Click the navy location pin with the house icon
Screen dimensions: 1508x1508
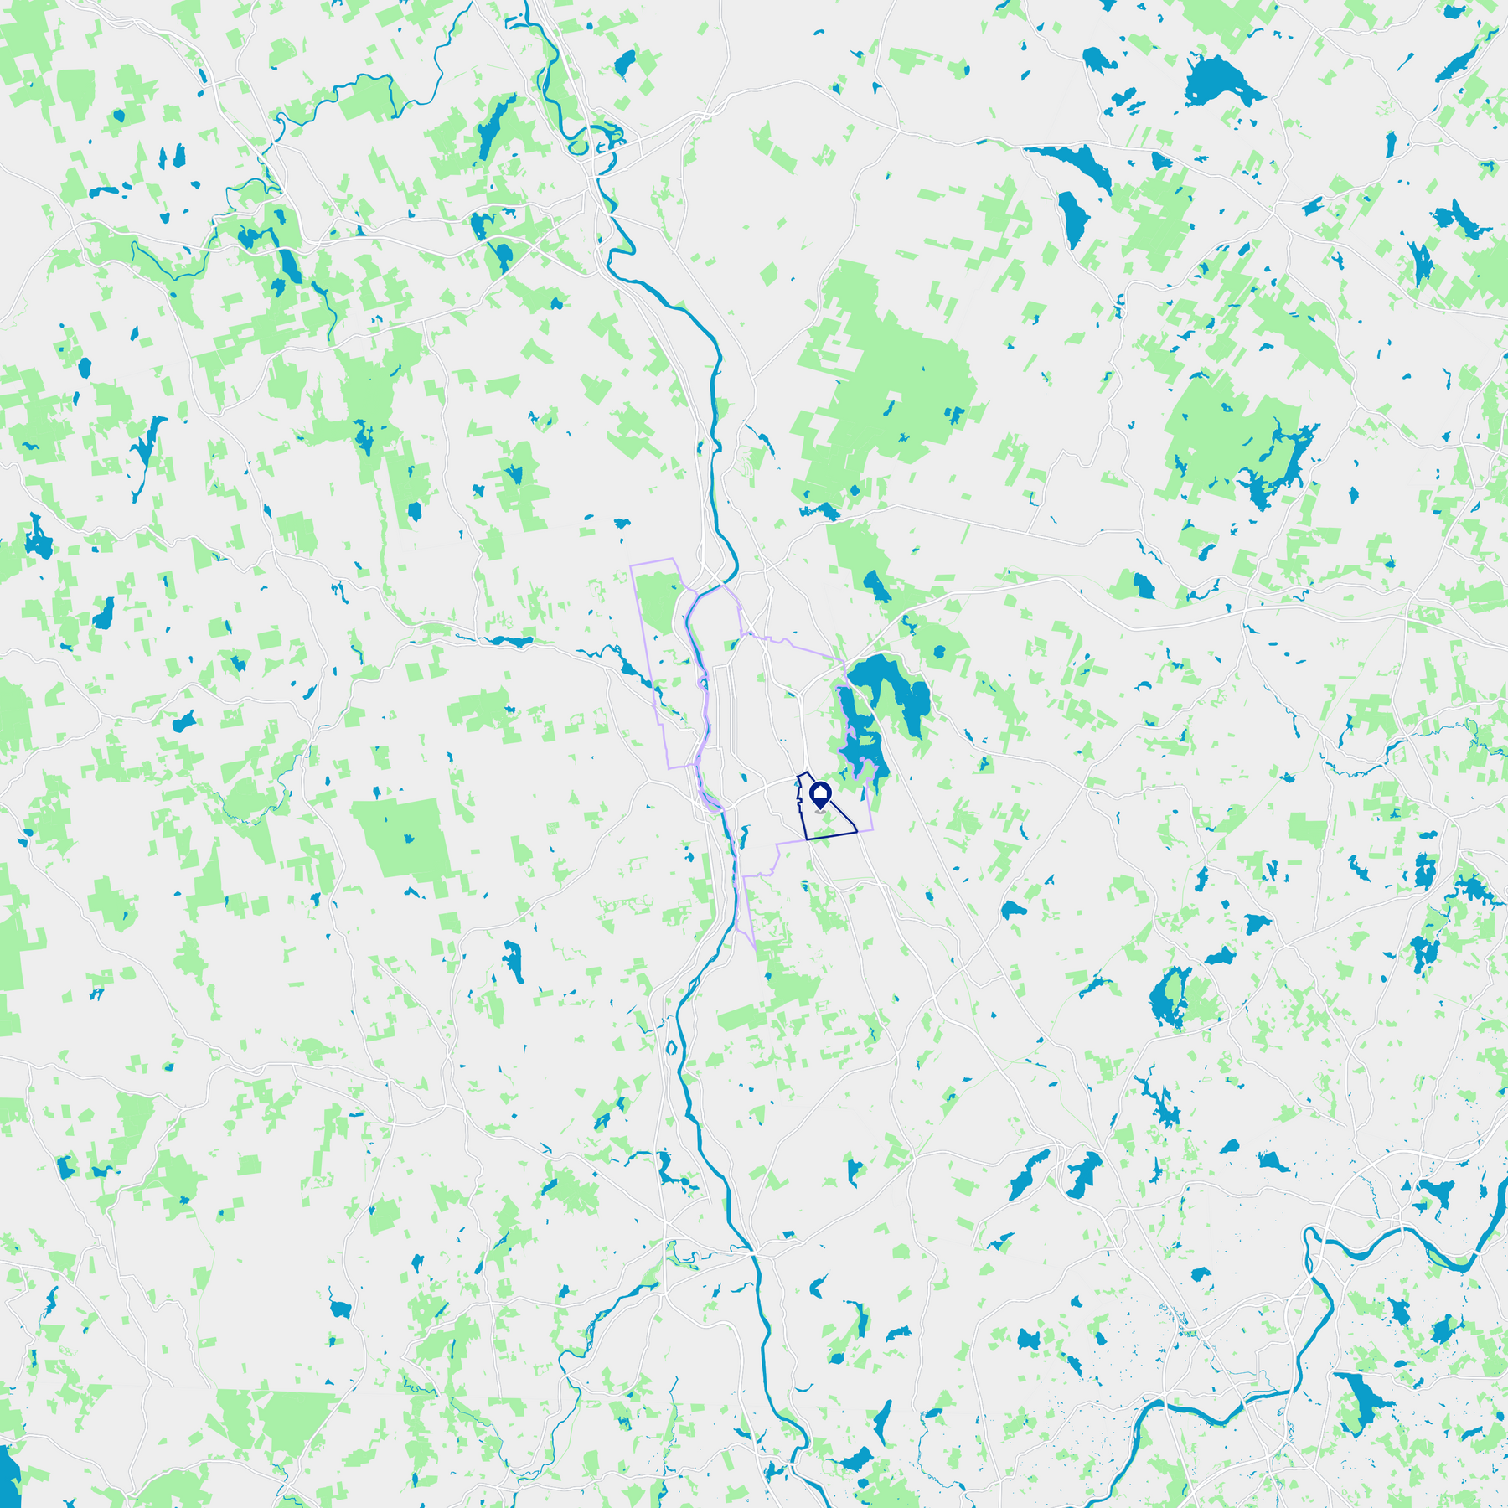coord(820,794)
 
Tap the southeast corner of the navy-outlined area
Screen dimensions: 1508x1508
coord(856,831)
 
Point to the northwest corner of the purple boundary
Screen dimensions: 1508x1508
coord(631,566)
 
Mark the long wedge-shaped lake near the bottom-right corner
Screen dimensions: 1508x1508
coord(1362,1399)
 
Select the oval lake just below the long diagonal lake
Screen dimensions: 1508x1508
coord(1072,218)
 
